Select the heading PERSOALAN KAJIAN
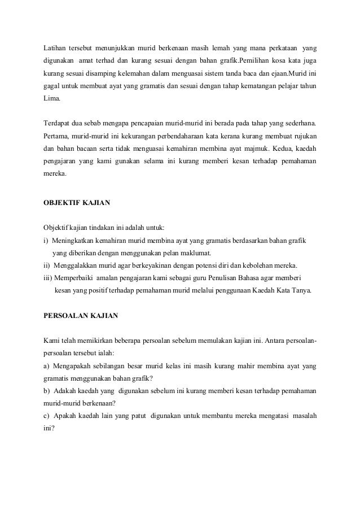81,316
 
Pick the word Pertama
57,137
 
